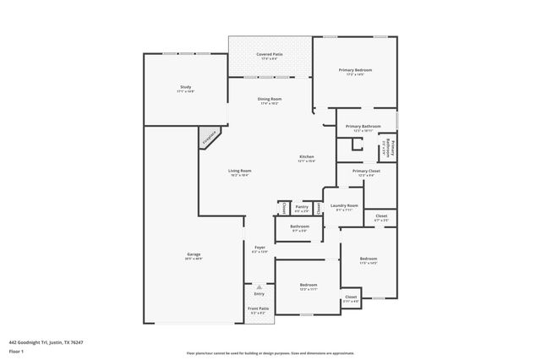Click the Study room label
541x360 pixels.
coord(185,88)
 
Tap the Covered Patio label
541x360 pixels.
coord(269,54)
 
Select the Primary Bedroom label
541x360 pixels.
coord(355,70)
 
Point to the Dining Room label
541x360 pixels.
coord(270,100)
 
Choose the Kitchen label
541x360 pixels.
coord(307,157)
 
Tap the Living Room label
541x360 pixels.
coord(239,172)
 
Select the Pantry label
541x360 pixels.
coord(302,205)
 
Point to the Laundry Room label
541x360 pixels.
coord(344,205)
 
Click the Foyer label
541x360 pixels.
coord(260,248)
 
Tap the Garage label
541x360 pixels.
coord(194,254)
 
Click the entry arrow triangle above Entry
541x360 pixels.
coord(260,287)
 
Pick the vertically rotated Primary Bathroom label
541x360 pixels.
coord(390,148)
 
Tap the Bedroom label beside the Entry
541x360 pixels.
coord(308,286)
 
